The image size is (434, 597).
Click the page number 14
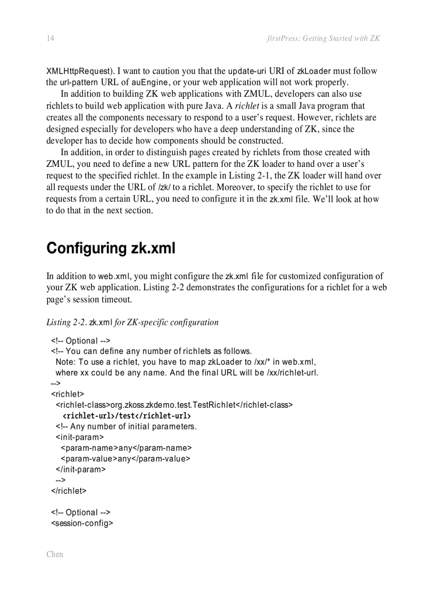click(x=51, y=38)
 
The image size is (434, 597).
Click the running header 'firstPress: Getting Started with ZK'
click(x=323, y=38)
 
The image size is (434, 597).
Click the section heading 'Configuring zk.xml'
click(x=111, y=248)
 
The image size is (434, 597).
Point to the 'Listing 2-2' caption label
click(x=66, y=322)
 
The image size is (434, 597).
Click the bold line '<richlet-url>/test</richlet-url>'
click(x=127, y=415)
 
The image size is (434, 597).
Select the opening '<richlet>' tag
click(x=68, y=394)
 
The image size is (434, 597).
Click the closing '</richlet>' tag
click(x=69, y=491)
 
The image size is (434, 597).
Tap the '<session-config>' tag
click(x=82, y=523)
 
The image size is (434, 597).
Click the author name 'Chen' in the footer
click(x=54, y=554)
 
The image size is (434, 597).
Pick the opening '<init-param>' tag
click(x=79, y=437)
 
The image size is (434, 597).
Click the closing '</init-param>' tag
click(x=80, y=469)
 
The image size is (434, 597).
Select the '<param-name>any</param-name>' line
click(x=126, y=448)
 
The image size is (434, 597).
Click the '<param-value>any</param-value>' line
click(x=126, y=458)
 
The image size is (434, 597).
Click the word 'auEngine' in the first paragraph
click(x=150, y=82)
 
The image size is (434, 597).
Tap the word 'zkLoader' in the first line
click(x=314, y=71)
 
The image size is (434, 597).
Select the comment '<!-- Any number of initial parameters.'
click(x=126, y=426)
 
